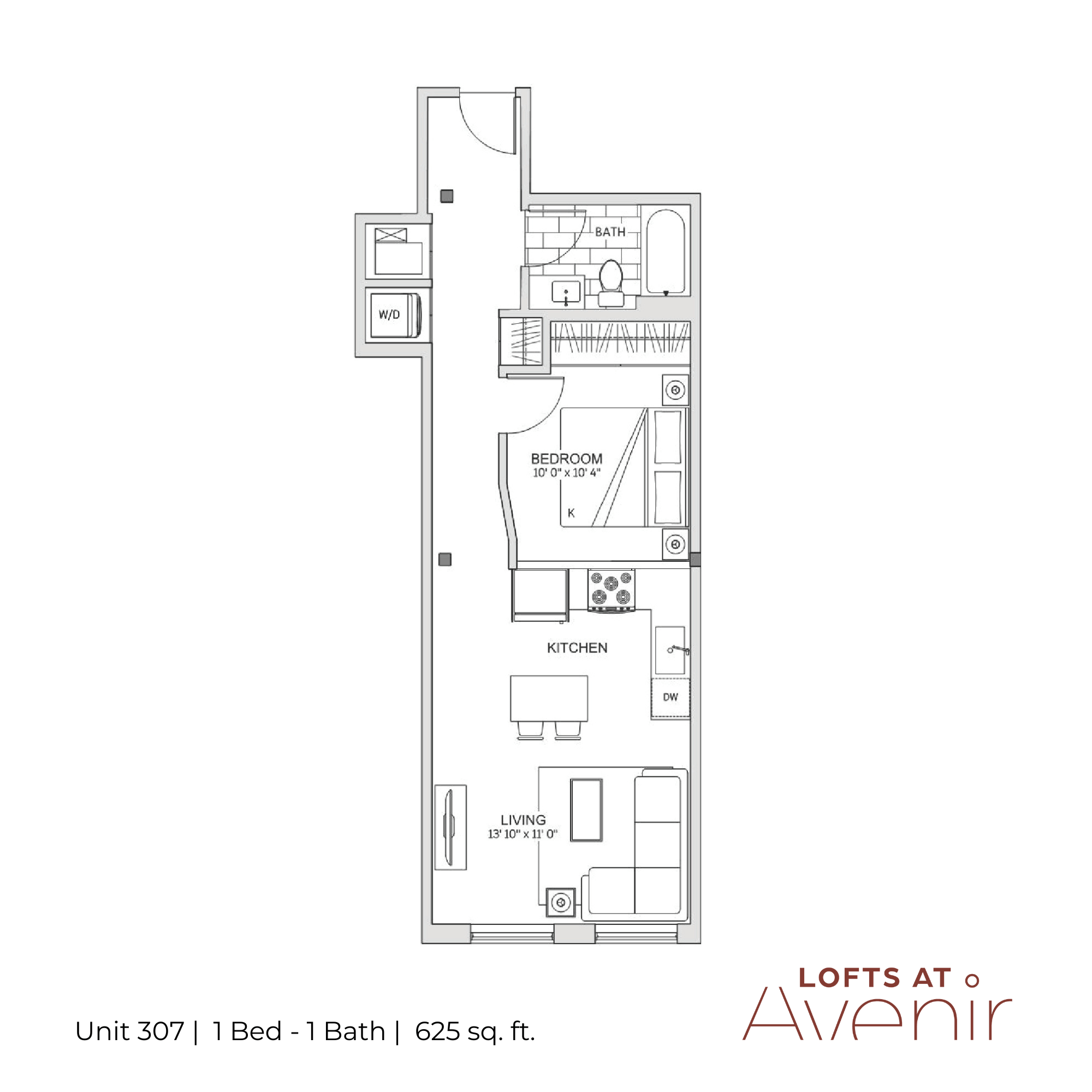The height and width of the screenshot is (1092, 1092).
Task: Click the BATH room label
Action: click(610, 232)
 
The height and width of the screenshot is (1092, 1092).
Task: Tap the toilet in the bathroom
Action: click(611, 283)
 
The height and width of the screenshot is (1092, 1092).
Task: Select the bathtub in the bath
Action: click(665, 252)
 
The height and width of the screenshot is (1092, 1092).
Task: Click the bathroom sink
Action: click(566, 292)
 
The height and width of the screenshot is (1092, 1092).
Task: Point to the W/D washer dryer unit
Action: click(396, 315)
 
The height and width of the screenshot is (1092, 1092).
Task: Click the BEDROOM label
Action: click(566, 459)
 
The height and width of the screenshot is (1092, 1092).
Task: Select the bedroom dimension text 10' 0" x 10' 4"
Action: click(566, 472)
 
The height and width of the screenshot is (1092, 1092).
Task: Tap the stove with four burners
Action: click(611, 590)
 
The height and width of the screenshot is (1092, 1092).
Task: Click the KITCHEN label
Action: click(577, 648)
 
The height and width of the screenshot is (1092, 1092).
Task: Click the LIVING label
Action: click(524, 820)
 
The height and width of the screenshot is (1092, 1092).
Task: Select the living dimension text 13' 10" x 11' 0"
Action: click(523, 834)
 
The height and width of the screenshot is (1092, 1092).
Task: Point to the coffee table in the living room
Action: click(587, 810)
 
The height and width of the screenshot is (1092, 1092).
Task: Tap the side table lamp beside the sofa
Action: click(561, 903)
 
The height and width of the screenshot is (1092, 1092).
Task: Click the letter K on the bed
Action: click(571, 513)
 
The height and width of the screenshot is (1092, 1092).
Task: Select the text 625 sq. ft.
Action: click(475, 1031)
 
